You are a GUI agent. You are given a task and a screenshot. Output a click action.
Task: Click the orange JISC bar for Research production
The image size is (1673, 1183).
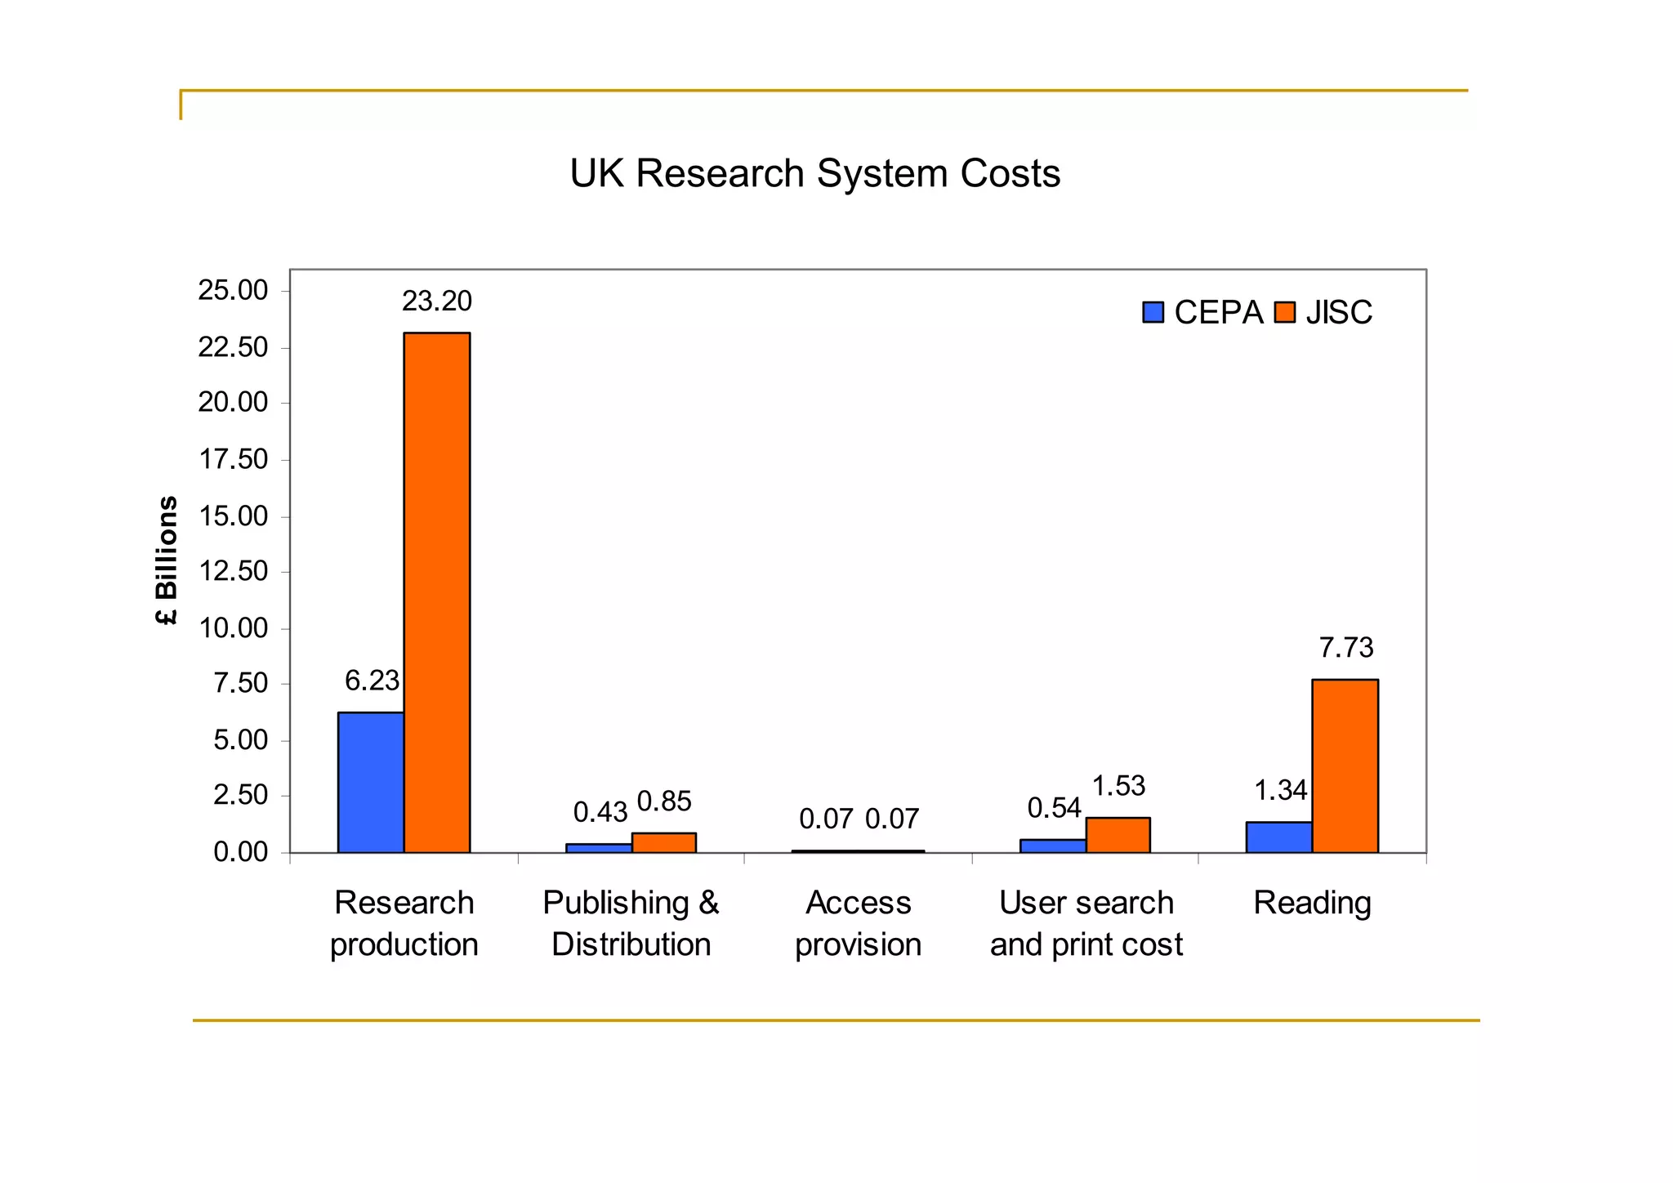pyautogui.click(x=437, y=592)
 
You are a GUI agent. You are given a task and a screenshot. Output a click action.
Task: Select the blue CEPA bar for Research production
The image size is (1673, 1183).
pyautogui.click(x=371, y=782)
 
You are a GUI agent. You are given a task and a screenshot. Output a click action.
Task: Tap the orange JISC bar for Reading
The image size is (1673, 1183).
pyautogui.click(x=1345, y=766)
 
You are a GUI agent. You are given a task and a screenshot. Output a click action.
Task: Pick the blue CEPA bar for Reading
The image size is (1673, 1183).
pyautogui.click(x=1278, y=837)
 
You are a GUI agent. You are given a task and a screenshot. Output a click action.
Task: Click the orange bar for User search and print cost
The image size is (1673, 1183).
pyautogui.click(x=1118, y=835)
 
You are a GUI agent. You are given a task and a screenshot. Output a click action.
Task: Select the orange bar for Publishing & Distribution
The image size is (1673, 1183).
pyautogui.click(x=663, y=842)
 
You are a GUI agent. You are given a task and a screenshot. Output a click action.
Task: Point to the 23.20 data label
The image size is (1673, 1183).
pyautogui.click(x=437, y=301)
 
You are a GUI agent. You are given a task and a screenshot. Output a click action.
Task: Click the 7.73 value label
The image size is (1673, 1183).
pyautogui.click(x=1346, y=648)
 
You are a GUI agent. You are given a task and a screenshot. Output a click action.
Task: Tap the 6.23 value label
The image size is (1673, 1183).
pyautogui.click(x=372, y=681)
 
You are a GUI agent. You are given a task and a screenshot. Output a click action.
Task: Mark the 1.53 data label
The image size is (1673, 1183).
pyautogui.click(x=1118, y=786)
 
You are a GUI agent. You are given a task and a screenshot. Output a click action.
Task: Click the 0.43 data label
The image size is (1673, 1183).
pyautogui.click(x=600, y=812)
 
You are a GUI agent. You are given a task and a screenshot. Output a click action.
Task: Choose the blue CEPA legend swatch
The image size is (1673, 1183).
pyautogui.click(x=1153, y=313)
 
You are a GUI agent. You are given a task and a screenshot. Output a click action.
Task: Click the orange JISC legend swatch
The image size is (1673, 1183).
pyautogui.click(x=1285, y=313)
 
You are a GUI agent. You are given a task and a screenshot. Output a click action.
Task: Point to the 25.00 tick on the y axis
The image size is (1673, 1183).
pyautogui.click(x=233, y=291)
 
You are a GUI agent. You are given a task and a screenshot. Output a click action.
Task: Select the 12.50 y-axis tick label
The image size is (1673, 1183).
pyautogui.click(x=233, y=571)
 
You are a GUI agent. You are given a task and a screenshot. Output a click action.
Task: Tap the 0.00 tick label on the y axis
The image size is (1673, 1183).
pyautogui.click(x=240, y=853)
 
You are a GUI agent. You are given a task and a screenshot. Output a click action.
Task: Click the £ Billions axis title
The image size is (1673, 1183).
pyautogui.click(x=166, y=560)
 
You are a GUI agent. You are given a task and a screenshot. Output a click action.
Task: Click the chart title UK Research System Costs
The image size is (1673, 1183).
pyautogui.click(x=814, y=174)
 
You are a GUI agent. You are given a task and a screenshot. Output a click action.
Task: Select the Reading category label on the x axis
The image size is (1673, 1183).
pyautogui.click(x=1312, y=904)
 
